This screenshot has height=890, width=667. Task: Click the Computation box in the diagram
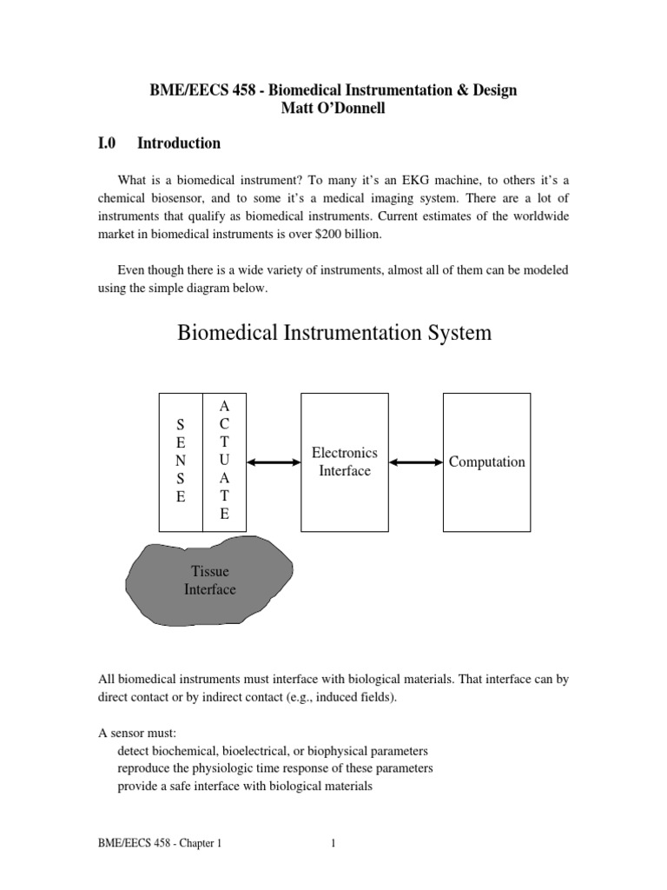(486, 462)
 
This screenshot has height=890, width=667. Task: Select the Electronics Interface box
(345, 462)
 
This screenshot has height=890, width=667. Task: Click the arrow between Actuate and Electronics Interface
(273, 462)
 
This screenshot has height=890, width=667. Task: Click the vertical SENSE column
(181, 462)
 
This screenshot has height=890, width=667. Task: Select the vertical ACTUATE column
(225, 462)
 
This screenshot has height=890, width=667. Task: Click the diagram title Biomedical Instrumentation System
(334, 333)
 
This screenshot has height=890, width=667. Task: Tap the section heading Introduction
(179, 143)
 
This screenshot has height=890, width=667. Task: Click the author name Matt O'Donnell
(333, 109)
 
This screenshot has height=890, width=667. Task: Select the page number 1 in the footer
(333, 843)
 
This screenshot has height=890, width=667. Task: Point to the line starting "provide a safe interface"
(245, 787)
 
